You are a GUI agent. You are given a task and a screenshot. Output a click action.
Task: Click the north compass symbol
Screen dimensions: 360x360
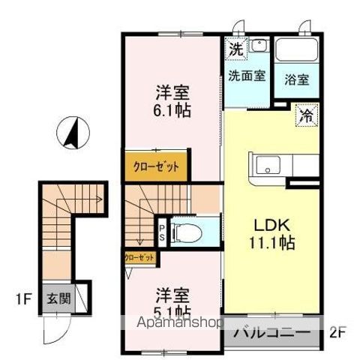pos(73,133)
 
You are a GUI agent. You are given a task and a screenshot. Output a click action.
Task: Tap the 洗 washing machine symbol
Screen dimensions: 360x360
pos(235,49)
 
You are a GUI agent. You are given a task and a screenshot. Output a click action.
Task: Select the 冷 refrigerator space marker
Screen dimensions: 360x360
pos(307,115)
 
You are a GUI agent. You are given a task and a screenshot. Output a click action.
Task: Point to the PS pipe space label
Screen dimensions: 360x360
pos(162,232)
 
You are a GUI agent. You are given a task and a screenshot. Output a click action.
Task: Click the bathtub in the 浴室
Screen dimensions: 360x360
pos(296,49)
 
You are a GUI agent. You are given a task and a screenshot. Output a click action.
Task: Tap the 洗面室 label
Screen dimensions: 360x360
pos(247,76)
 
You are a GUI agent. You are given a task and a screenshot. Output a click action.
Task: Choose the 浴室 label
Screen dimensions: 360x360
pos(297,79)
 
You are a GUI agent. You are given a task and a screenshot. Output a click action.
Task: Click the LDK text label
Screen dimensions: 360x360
pos(272,225)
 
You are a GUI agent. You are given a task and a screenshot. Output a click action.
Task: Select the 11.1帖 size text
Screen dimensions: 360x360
pos(272,242)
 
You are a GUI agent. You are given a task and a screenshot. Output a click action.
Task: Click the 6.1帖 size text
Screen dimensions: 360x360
pos(172,110)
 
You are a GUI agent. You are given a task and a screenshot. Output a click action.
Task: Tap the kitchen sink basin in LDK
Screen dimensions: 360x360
pos(268,166)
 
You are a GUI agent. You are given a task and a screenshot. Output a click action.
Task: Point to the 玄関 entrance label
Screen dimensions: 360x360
pos(59,298)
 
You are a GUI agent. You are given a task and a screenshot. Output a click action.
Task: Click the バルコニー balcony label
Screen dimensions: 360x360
pos(272,333)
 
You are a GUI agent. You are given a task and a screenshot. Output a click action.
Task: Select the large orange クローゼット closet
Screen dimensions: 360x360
pos(156,166)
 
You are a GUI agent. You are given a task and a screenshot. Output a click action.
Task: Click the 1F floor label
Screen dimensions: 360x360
pos(23,299)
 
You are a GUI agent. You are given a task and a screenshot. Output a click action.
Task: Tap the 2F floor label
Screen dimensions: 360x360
pos(337,333)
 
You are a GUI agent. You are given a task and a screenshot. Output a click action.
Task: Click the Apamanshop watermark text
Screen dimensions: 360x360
pos(179,323)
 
